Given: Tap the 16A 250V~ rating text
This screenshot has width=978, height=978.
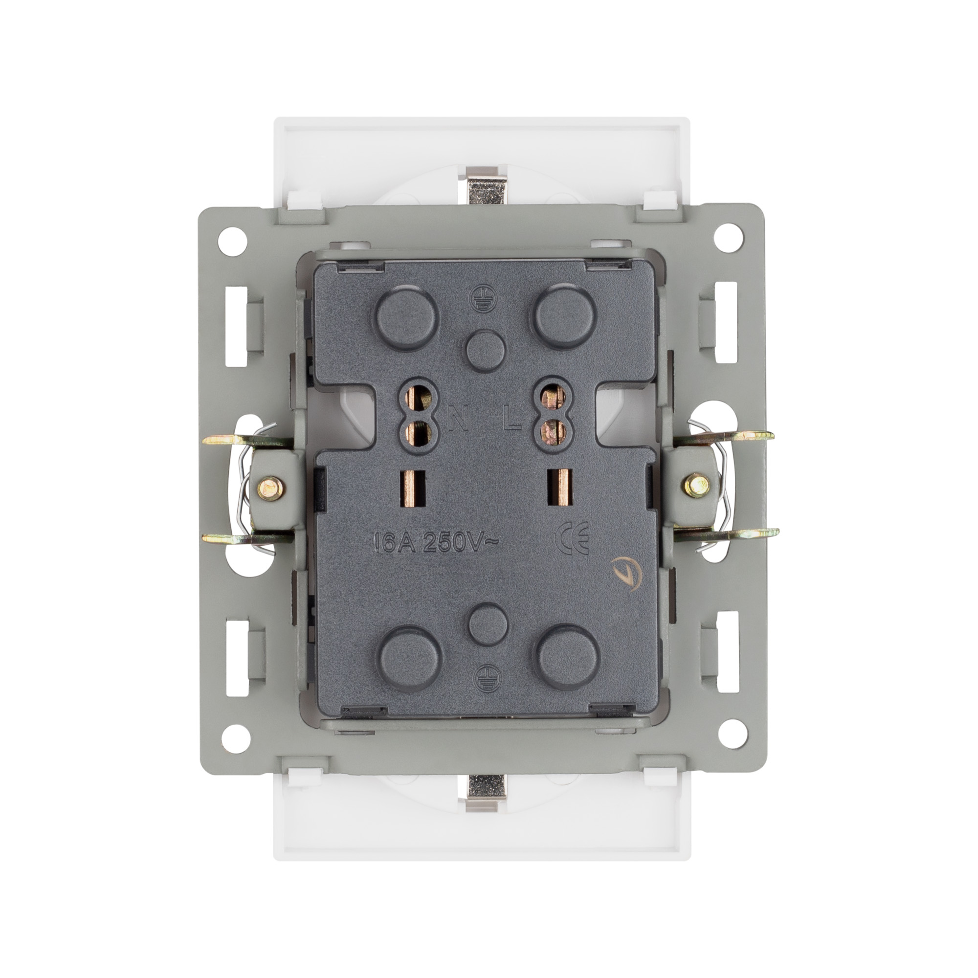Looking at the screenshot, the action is (x=436, y=543).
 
